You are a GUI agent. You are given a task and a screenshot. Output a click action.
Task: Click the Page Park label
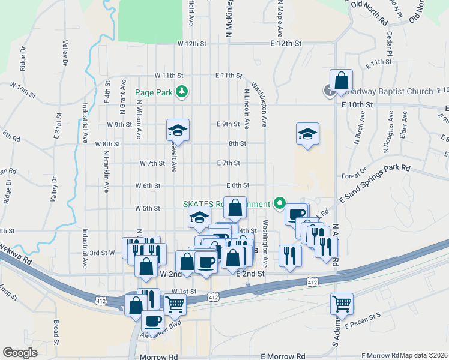coord(154,92)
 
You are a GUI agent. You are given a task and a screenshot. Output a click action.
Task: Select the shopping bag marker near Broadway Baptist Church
coord(341,81)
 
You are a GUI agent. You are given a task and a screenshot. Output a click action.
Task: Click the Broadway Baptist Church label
coord(390,92)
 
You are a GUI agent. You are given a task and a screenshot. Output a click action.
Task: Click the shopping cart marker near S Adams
coord(342,303)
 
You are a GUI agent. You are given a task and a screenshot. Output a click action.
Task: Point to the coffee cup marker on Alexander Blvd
coord(152,321)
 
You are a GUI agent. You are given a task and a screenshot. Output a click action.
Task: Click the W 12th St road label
coord(191,44)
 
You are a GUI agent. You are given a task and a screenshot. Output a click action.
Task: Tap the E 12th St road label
coord(285,44)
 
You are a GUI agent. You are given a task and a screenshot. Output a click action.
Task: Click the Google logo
coord(20,353)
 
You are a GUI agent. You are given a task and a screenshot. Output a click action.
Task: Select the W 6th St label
coord(148,186)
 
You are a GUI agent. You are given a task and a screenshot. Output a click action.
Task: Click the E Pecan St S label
coord(363,320)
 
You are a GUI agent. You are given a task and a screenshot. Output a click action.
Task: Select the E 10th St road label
coord(357,104)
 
